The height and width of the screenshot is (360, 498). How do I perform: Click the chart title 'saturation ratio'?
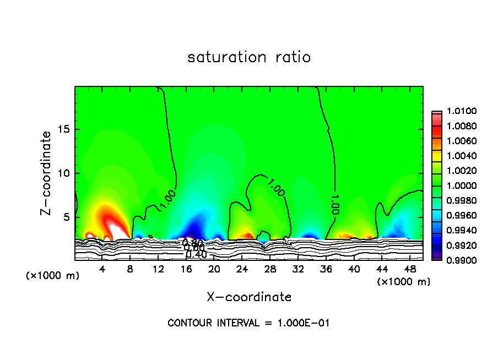click(x=249, y=57)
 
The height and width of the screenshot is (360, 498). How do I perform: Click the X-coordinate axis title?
click(x=249, y=297)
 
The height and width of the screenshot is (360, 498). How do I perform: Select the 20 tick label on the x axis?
click(x=214, y=270)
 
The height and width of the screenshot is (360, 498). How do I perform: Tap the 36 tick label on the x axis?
click(x=326, y=270)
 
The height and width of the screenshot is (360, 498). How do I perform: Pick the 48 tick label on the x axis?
click(x=409, y=270)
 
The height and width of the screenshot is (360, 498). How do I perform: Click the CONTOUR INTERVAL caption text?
click(x=248, y=323)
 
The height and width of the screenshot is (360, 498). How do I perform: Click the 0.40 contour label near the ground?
click(x=196, y=254)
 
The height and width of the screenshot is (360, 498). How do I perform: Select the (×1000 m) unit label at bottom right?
click(x=404, y=282)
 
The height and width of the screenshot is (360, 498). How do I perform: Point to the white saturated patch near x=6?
click(x=117, y=230)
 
